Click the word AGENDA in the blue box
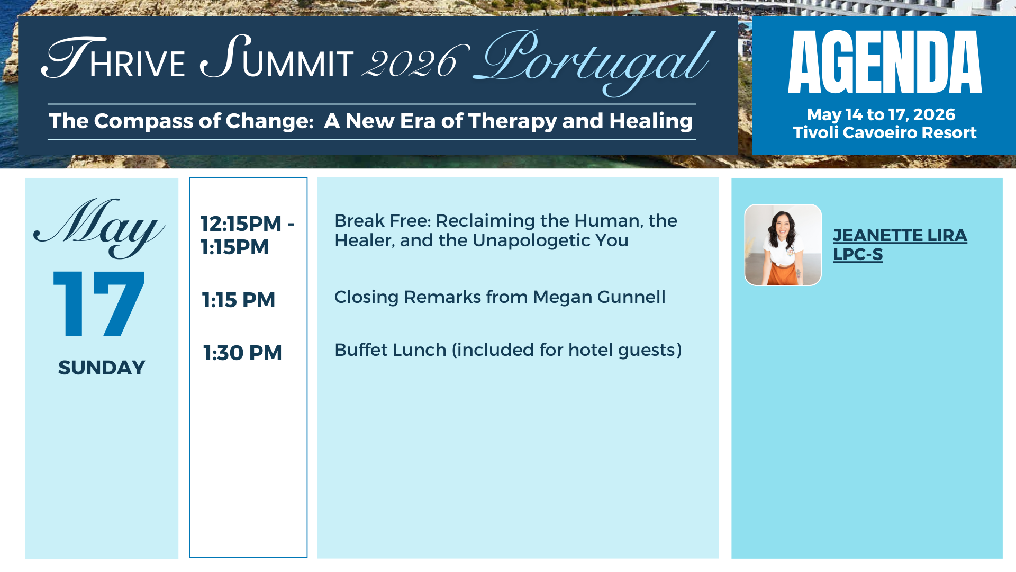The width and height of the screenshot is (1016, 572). pos(885,61)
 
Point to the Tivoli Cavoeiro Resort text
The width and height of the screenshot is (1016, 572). pos(884,132)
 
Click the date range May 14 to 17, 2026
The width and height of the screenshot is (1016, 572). pos(881,114)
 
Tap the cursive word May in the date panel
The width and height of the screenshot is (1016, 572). pos(99,227)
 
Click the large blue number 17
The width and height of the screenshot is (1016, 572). pos(99,304)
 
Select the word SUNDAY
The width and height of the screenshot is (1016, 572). pos(102,368)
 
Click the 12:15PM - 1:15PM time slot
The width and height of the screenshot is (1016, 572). pos(247,235)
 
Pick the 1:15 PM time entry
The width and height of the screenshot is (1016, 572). pos(239,300)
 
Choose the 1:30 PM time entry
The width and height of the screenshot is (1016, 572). pos(242,353)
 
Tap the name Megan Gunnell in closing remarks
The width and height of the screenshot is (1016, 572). pos(599,297)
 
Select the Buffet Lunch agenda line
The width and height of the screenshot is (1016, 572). pos(508,350)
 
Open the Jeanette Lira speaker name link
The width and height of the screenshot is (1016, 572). pos(900,235)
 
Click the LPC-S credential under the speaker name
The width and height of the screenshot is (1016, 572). pos(858,254)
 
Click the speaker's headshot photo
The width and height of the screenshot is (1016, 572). pos(783,245)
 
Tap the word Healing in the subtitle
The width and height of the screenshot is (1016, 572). pos(651,121)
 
